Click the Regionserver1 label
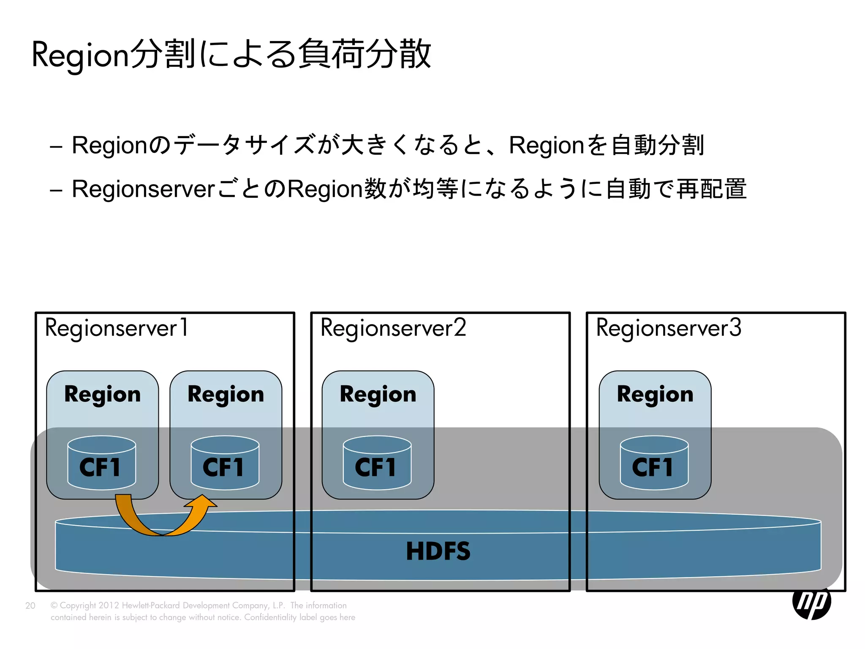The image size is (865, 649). [117, 328]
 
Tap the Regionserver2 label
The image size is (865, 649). [393, 328]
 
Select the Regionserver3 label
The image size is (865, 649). [669, 328]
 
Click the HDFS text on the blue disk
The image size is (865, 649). [438, 551]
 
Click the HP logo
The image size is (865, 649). [811, 602]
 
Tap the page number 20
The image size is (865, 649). [30, 605]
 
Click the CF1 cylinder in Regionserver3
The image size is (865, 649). [654, 464]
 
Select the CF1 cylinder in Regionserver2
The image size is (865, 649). [377, 464]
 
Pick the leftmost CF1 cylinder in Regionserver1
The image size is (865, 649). [101, 464]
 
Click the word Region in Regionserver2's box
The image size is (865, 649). [378, 394]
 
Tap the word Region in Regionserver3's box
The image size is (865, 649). [655, 394]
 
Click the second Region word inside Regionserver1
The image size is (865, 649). [226, 394]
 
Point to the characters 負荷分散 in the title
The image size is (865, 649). [364, 54]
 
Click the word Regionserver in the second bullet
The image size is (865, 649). [144, 189]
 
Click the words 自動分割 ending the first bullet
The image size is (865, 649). [658, 145]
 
